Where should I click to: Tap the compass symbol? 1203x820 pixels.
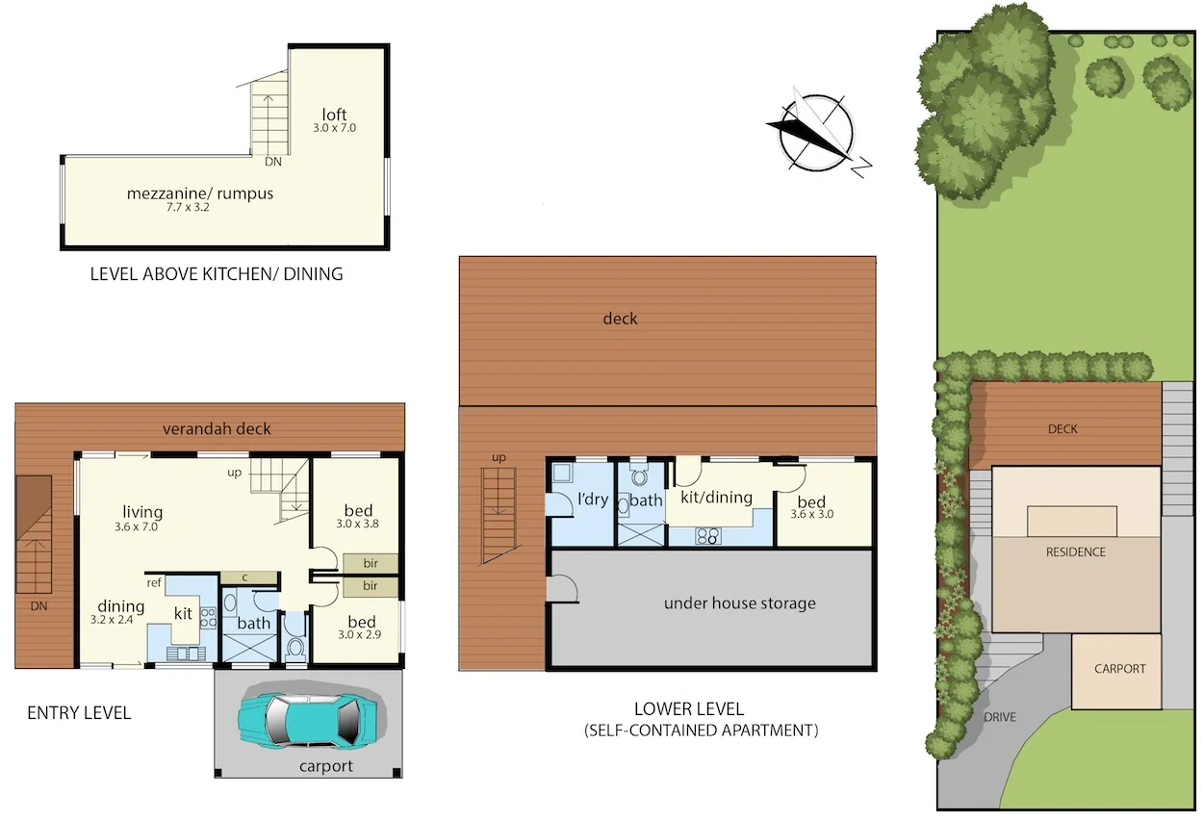[x=817, y=133]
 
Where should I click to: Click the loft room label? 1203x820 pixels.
[x=334, y=116]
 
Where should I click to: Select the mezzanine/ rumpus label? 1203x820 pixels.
[x=200, y=193]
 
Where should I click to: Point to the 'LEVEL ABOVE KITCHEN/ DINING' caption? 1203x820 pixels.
[x=216, y=273]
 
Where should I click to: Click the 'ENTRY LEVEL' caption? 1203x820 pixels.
[x=79, y=713]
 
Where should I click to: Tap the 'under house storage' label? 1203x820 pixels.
[x=739, y=603]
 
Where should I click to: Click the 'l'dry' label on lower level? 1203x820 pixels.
[x=592, y=500]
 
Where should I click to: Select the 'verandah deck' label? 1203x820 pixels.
[x=217, y=428]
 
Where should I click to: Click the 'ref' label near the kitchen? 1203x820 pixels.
[x=154, y=582]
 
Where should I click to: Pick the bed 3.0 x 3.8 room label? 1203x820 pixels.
[x=358, y=511]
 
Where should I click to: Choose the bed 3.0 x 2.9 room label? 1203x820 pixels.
[x=361, y=622]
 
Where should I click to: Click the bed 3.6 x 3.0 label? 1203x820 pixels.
[x=811, y=502]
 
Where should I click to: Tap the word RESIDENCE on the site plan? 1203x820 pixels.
[x=1075, y=552]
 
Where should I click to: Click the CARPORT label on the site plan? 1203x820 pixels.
[x=1120, y=669]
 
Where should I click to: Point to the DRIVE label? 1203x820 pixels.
[x=1000, y=717]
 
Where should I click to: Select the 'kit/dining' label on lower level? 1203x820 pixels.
[x=715, y=498]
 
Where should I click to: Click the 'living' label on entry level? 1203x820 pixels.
[x=141, y=512]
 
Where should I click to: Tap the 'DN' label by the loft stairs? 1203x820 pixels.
[x=273, y=162]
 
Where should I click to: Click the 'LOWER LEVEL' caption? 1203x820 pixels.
[x=688, y=709]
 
